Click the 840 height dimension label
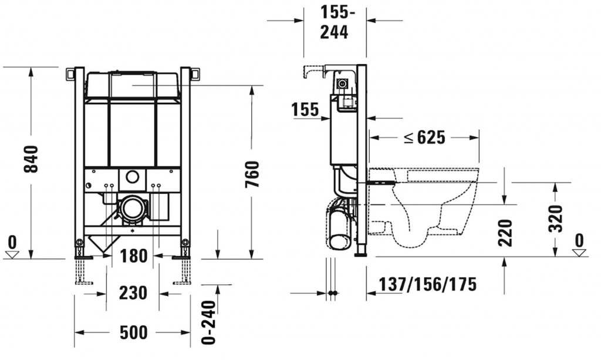[31, 159]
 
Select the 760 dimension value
[252, 174]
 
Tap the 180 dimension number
[133, 255]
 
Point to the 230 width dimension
[133, 293]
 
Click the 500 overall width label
[133, 332]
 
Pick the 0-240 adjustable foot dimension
[209, 322]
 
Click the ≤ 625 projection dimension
[425, 137]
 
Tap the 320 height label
[555, 218]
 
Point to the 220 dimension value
[505, 233]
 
